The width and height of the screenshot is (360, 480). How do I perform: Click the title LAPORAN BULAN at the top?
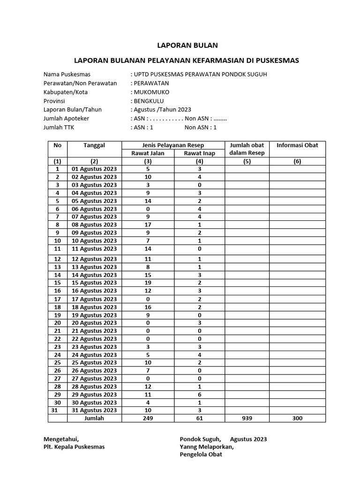pos(187,45)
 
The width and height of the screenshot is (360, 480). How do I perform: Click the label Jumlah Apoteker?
pos(66,118)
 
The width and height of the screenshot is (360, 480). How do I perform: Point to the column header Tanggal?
pos(94,145)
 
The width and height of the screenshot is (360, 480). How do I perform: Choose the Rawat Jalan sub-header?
pos(148,153)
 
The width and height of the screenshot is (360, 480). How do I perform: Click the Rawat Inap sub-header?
pos(199,153)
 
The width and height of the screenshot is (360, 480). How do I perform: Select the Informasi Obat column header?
pos(297,145)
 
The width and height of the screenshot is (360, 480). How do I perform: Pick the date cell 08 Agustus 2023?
pos(94,225)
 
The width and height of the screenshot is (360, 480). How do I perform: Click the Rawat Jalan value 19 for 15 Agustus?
pos(148,283)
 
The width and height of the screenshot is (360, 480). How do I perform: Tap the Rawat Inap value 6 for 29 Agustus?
pos(199,394)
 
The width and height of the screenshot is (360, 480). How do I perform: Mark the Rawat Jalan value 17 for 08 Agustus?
pos(148,225)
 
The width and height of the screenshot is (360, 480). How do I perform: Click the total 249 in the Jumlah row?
pos(148,418)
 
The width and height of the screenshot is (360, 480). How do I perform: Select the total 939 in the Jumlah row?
pos(247,418)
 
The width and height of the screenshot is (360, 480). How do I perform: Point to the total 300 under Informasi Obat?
pos(297,418)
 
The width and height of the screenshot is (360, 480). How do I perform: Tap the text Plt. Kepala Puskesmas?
pos(74,447)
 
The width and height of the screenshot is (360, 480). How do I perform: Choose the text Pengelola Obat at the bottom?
pos(201,454)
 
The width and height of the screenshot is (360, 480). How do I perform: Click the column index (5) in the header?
pos(247,161)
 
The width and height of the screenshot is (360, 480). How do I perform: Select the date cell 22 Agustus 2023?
pos(94,338)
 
